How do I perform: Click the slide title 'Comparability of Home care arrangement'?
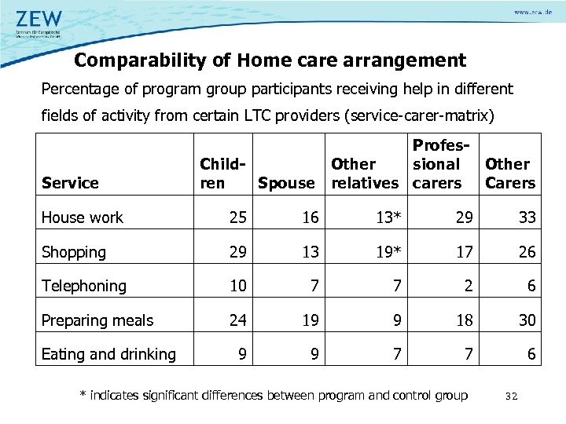[x=270, y=60]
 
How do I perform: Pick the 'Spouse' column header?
[x=285, y=183]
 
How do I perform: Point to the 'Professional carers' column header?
[x=437, y=164]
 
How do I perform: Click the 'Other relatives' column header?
[x=364, y=174]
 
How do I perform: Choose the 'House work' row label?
[x=83, y=217]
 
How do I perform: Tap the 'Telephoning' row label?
[x=83, y=286]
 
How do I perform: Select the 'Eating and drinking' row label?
[x=108, y=354]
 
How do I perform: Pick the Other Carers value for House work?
[x=527, y=217]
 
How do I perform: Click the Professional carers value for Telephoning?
[x=469, y=286]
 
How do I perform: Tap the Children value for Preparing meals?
[x=238, y=320]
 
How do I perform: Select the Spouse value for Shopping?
[x=311, y=252]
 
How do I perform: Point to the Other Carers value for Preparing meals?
[x=527, y=320]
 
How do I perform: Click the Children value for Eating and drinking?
[x=242, y=354]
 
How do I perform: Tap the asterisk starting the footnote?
[x=83, y=395]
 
